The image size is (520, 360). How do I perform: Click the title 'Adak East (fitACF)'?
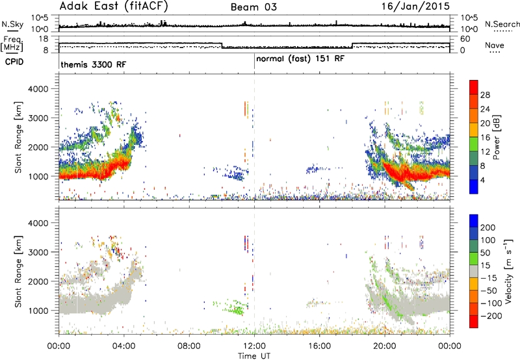tap(114, 6)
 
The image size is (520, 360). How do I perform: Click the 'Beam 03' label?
tap(253, 7)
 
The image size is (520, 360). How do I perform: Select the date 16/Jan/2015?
tap(415, 6)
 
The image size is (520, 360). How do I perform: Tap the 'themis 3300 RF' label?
tap(94, 64)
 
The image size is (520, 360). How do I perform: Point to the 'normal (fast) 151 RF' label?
tap(300, 59)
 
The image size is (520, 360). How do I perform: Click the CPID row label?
tap(14, 62)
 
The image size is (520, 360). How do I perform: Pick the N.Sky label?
tap(12, 24)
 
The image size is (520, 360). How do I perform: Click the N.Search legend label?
tap(502, 24)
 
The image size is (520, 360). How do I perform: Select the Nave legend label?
tap(495, 45)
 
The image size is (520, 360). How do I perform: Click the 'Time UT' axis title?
tap(254, 356)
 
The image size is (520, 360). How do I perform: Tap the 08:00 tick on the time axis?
tap(189, 346)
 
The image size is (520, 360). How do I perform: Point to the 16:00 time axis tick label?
tap(319, 346)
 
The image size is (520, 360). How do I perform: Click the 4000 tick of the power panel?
tap(38, 89)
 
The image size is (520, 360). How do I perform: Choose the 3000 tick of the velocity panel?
tap(38, 252)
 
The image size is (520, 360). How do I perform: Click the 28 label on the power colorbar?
tap(485, 95)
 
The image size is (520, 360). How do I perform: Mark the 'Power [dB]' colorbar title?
tap(497, 137)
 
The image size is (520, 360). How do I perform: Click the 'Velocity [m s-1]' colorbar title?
tap(508, 271)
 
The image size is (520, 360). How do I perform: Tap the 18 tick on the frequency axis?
tap(44, 39)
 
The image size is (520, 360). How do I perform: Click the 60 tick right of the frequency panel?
tap(465, 39)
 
